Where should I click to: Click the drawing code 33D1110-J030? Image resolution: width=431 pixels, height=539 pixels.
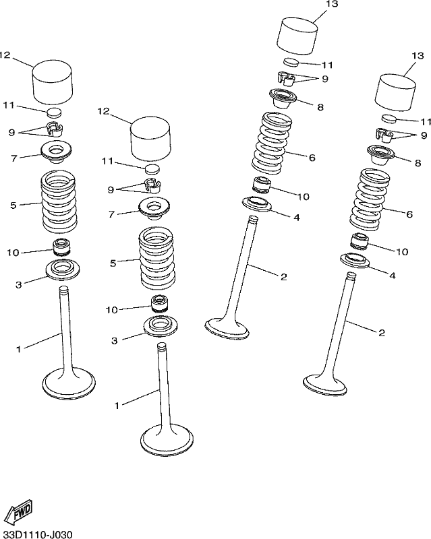[x=36, y=534]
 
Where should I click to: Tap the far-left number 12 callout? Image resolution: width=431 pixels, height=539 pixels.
[x=5, y=55]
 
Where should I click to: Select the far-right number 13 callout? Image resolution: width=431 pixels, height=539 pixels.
[x=418, y=55]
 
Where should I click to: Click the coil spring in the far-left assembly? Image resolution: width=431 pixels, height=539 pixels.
[x=59, y=201]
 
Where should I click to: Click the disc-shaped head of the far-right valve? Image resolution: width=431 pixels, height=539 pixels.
[x=325, y=384]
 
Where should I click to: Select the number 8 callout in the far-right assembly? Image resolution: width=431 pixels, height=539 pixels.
[x=418, y=162]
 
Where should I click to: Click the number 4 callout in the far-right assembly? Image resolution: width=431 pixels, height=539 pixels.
[x=393, y=275]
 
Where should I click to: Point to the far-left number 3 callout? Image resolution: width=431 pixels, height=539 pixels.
[x=19, y=284]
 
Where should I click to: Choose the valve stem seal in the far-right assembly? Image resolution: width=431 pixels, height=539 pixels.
[x=360, y=241]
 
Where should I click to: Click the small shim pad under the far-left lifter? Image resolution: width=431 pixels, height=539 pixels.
[x=55, y=112]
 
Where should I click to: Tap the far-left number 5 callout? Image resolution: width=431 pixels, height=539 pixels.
[x=13, y=205]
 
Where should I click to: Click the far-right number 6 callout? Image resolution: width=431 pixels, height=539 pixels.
[x=409, y=214]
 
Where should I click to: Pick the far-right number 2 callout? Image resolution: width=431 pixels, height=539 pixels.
[x=382, y=332]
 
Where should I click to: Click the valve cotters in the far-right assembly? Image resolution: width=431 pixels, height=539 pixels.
[x=384, y=135]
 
